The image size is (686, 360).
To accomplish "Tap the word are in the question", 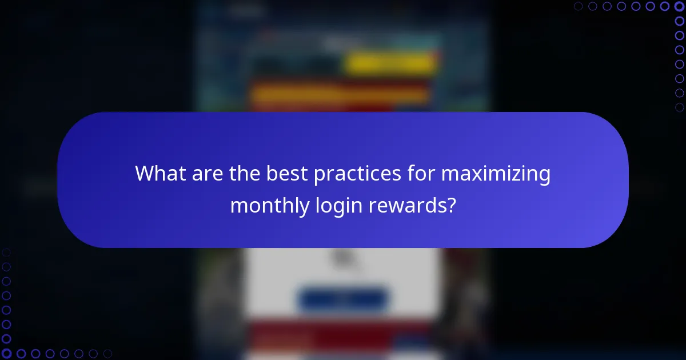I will pyautogui.click(x=201, y=174).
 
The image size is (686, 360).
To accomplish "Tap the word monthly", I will pyautogui.click(x=269, y=205).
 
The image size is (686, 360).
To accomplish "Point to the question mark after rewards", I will pyautogui.click(x=451, y=205).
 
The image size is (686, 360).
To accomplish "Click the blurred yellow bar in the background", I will pyautogui.click(x=391, y=65).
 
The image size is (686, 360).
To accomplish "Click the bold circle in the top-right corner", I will pyautogui.click(x=679, y=6).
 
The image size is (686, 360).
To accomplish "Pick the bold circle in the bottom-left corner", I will pyautogui.click(x=6, y=354).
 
